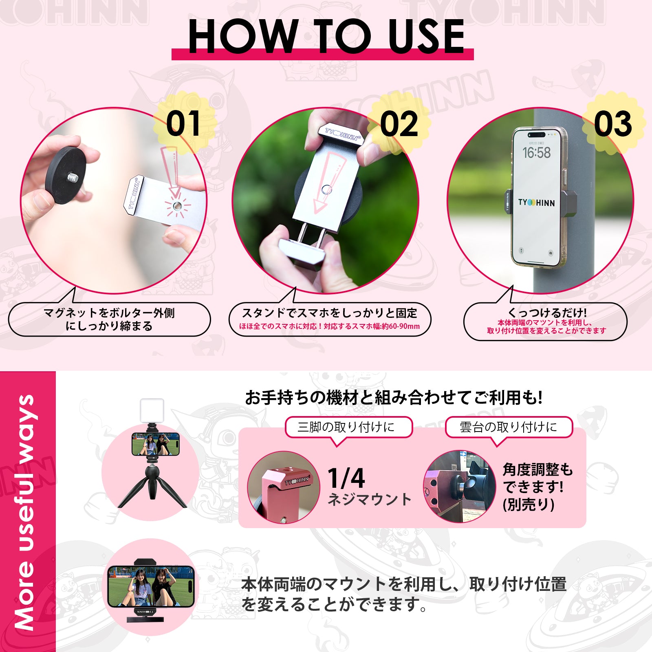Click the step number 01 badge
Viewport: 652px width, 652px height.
click(183, 124)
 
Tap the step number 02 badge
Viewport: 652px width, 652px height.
click(399, 124)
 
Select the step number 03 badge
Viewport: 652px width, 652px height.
click(613, 124)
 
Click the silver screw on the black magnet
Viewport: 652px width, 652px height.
click(73, 177)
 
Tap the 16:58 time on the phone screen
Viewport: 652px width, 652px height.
click(536, 153)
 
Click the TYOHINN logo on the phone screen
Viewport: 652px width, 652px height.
click(536, 203)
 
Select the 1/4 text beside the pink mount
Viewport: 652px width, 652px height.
click(346, 478)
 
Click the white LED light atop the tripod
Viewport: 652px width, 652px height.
click(152, 410)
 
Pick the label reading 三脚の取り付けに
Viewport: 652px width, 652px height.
click(346, 427)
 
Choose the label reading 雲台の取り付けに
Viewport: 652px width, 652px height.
click(508, 427)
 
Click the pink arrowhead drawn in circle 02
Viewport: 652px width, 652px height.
click(320, 206)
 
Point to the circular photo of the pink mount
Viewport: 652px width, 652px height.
click(284, 487)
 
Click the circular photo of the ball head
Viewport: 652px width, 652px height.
click(459, 487)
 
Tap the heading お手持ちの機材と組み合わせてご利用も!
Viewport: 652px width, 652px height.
click(394, 397)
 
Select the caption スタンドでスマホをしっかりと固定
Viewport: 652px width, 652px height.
click(329, 313)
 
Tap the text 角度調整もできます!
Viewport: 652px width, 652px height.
click(537, 478)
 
